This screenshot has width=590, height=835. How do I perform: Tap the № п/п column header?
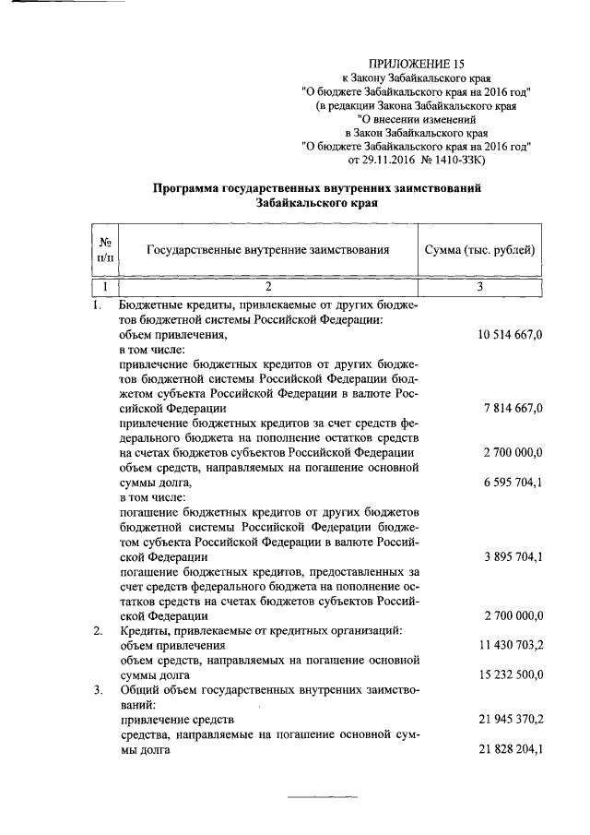pos(104,249)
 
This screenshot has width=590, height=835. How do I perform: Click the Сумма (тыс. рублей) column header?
pos(479,249)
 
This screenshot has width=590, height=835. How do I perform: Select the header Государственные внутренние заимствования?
pos(267,249)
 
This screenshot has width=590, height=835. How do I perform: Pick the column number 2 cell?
pos(267,288)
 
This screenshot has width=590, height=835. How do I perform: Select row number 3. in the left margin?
pos(99,689)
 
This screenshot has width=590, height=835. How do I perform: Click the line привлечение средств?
pos(177,719)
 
